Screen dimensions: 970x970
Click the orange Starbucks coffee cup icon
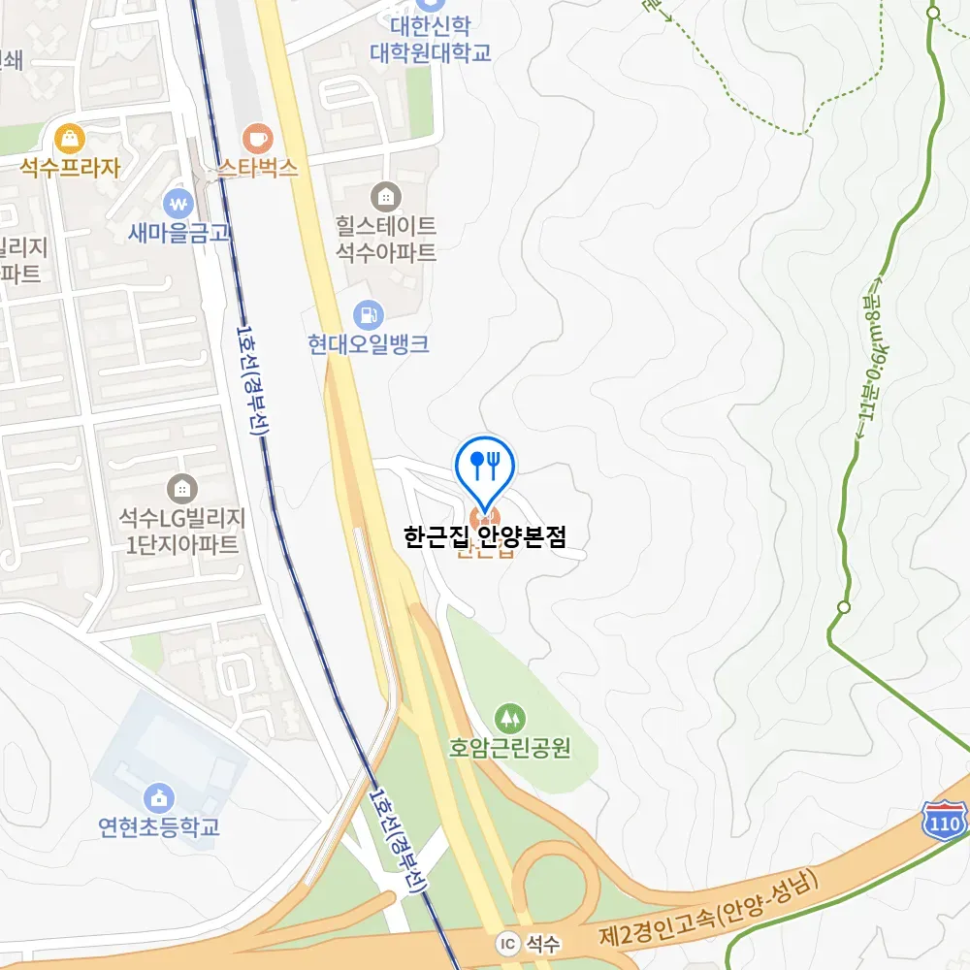pyautogui.click(x=257, y=139)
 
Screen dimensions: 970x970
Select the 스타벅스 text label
pyautogui.click(x=257, y=169)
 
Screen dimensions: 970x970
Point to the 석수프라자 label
pyautogui.click(x=70, y=168)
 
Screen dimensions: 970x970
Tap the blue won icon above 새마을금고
pyautogui.click(x=178, y=204)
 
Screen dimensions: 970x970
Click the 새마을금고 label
pyautogui.click(x=178, y=233)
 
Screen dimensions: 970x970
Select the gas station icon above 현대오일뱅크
pyautogui.click(x=369, y=314)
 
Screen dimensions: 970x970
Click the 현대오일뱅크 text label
pyautogui.click(x=369, y=344)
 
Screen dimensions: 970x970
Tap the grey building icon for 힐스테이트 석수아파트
pyautogui.click(x=386, y=196)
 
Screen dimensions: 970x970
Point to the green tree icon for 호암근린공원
pyautogui.click(x=509, y=719)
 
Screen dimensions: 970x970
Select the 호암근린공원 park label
pyautogui.click(x=509, y=748)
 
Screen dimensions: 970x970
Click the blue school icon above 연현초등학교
pyautogui.click(x=159, y=798)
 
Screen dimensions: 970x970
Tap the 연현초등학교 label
pyautogui.click(x=159, y=827)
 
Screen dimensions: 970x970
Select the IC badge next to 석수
pyautogui.click(x=507, y=943)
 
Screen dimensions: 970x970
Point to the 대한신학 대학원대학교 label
pyautogui.click(x=430, y=40)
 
